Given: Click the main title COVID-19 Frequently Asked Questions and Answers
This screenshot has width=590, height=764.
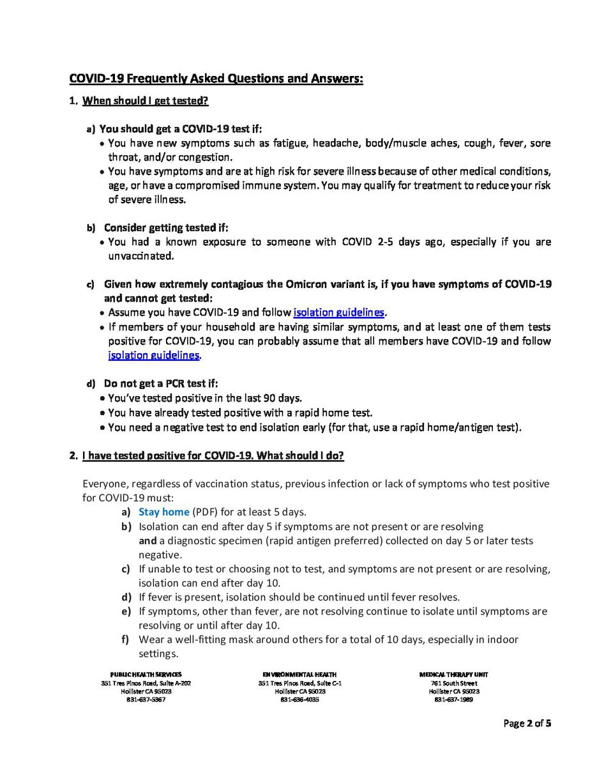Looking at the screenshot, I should coord(216,79).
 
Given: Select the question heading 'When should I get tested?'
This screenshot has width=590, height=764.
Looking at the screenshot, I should coord(146,101).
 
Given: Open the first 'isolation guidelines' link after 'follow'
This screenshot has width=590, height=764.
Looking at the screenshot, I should coord(339,313).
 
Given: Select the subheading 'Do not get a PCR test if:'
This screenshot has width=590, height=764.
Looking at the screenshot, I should coord(161,384).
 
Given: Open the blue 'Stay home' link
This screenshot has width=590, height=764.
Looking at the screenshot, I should coord(163,512).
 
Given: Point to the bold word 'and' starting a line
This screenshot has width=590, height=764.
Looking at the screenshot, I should coord(147,541).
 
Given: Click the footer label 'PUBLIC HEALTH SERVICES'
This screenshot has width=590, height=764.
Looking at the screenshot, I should coord(146,675).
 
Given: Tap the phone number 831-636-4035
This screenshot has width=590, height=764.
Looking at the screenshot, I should coord(299,699).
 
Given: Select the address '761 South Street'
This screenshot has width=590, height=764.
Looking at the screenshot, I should coord(454,683).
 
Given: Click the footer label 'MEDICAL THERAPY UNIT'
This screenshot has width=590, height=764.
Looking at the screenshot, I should coord(454,675).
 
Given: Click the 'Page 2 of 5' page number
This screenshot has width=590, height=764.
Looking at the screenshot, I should coord(527,724).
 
